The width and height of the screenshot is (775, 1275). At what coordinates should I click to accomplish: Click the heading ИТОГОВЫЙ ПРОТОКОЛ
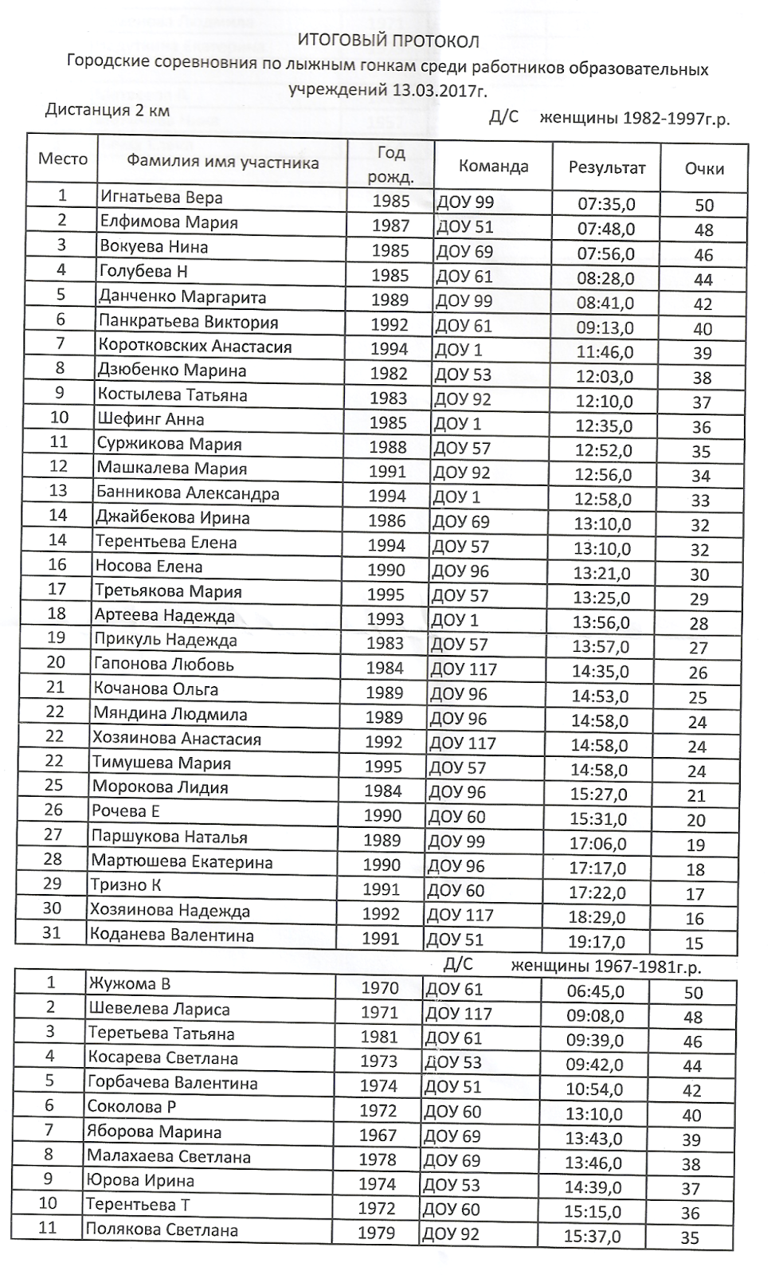coord(389,41)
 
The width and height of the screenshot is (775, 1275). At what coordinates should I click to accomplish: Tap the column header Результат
coord(607,168)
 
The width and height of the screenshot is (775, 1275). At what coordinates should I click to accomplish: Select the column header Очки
coord(704,169)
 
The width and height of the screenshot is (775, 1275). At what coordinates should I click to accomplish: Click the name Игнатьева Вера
coord(161,197)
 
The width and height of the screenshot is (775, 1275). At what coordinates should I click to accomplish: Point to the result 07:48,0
coord(606,229)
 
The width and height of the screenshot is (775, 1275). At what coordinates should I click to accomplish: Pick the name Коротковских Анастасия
coord(195,346)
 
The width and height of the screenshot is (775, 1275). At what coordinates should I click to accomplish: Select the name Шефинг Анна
coord(151,419)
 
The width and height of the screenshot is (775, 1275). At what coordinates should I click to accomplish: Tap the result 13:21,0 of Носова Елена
coord(601,574)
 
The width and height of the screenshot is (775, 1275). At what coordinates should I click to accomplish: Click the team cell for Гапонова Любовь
coord(463,669)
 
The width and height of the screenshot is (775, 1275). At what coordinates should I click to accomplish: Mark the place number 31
coord(52,932)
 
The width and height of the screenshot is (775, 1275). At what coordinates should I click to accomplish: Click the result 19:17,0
coord(598,942)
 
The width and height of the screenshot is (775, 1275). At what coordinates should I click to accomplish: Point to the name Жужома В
coord(128,984)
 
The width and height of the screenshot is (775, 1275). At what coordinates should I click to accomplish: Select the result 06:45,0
coord(594,991)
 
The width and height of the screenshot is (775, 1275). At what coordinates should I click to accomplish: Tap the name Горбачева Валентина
coord(172,1083)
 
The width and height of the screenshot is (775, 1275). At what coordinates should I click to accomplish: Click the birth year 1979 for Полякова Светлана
coord(377,1233)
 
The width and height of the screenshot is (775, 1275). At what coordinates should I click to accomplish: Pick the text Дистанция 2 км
coord(108,110)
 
